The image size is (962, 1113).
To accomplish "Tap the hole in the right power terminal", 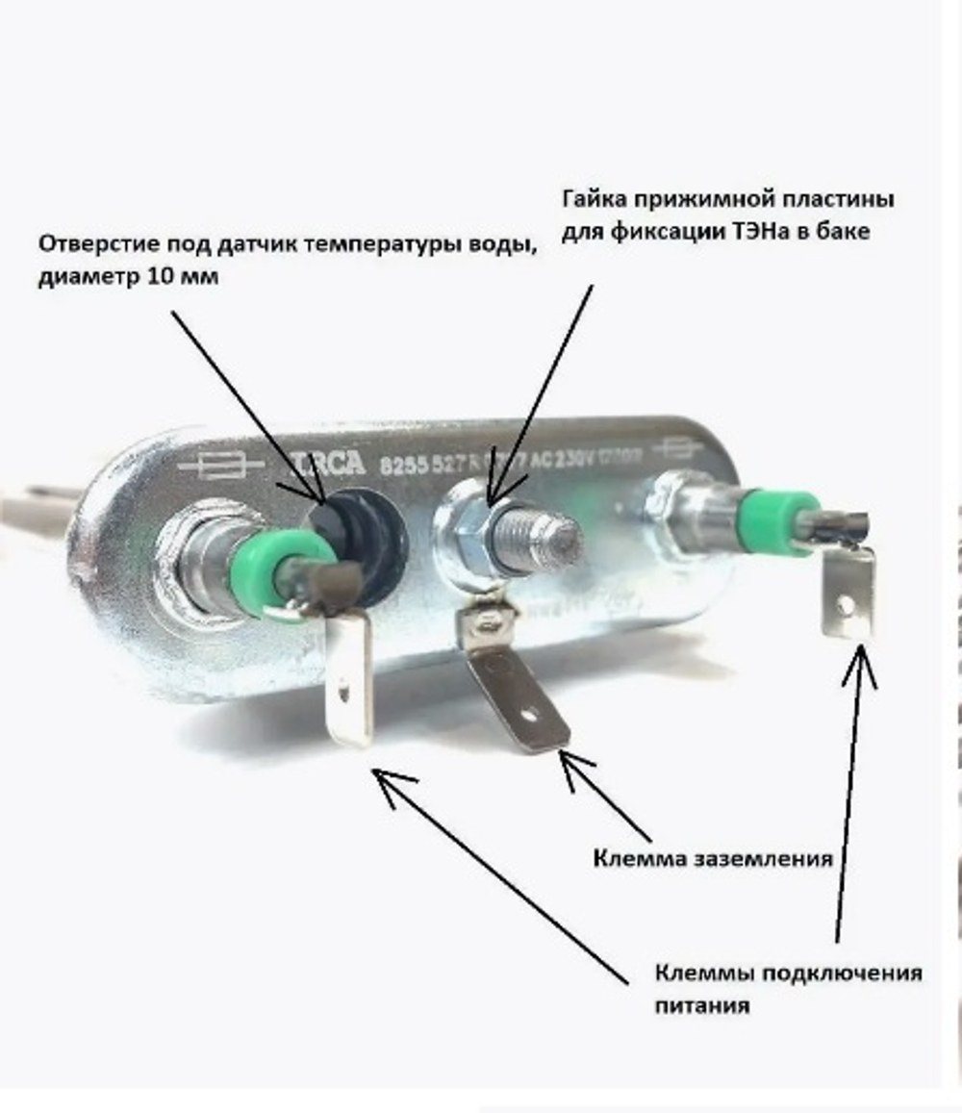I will pyautogui.click(x=845, y=605).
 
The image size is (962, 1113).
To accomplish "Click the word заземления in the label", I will pyautogui.click(x=763, y=858).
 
